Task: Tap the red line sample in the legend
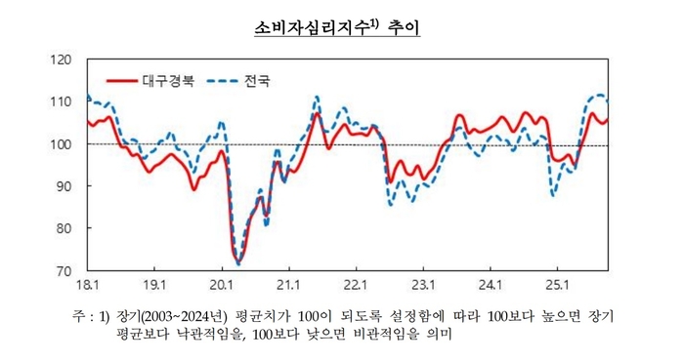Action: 120,81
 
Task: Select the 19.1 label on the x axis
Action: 154,285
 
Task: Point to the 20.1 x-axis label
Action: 221,285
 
